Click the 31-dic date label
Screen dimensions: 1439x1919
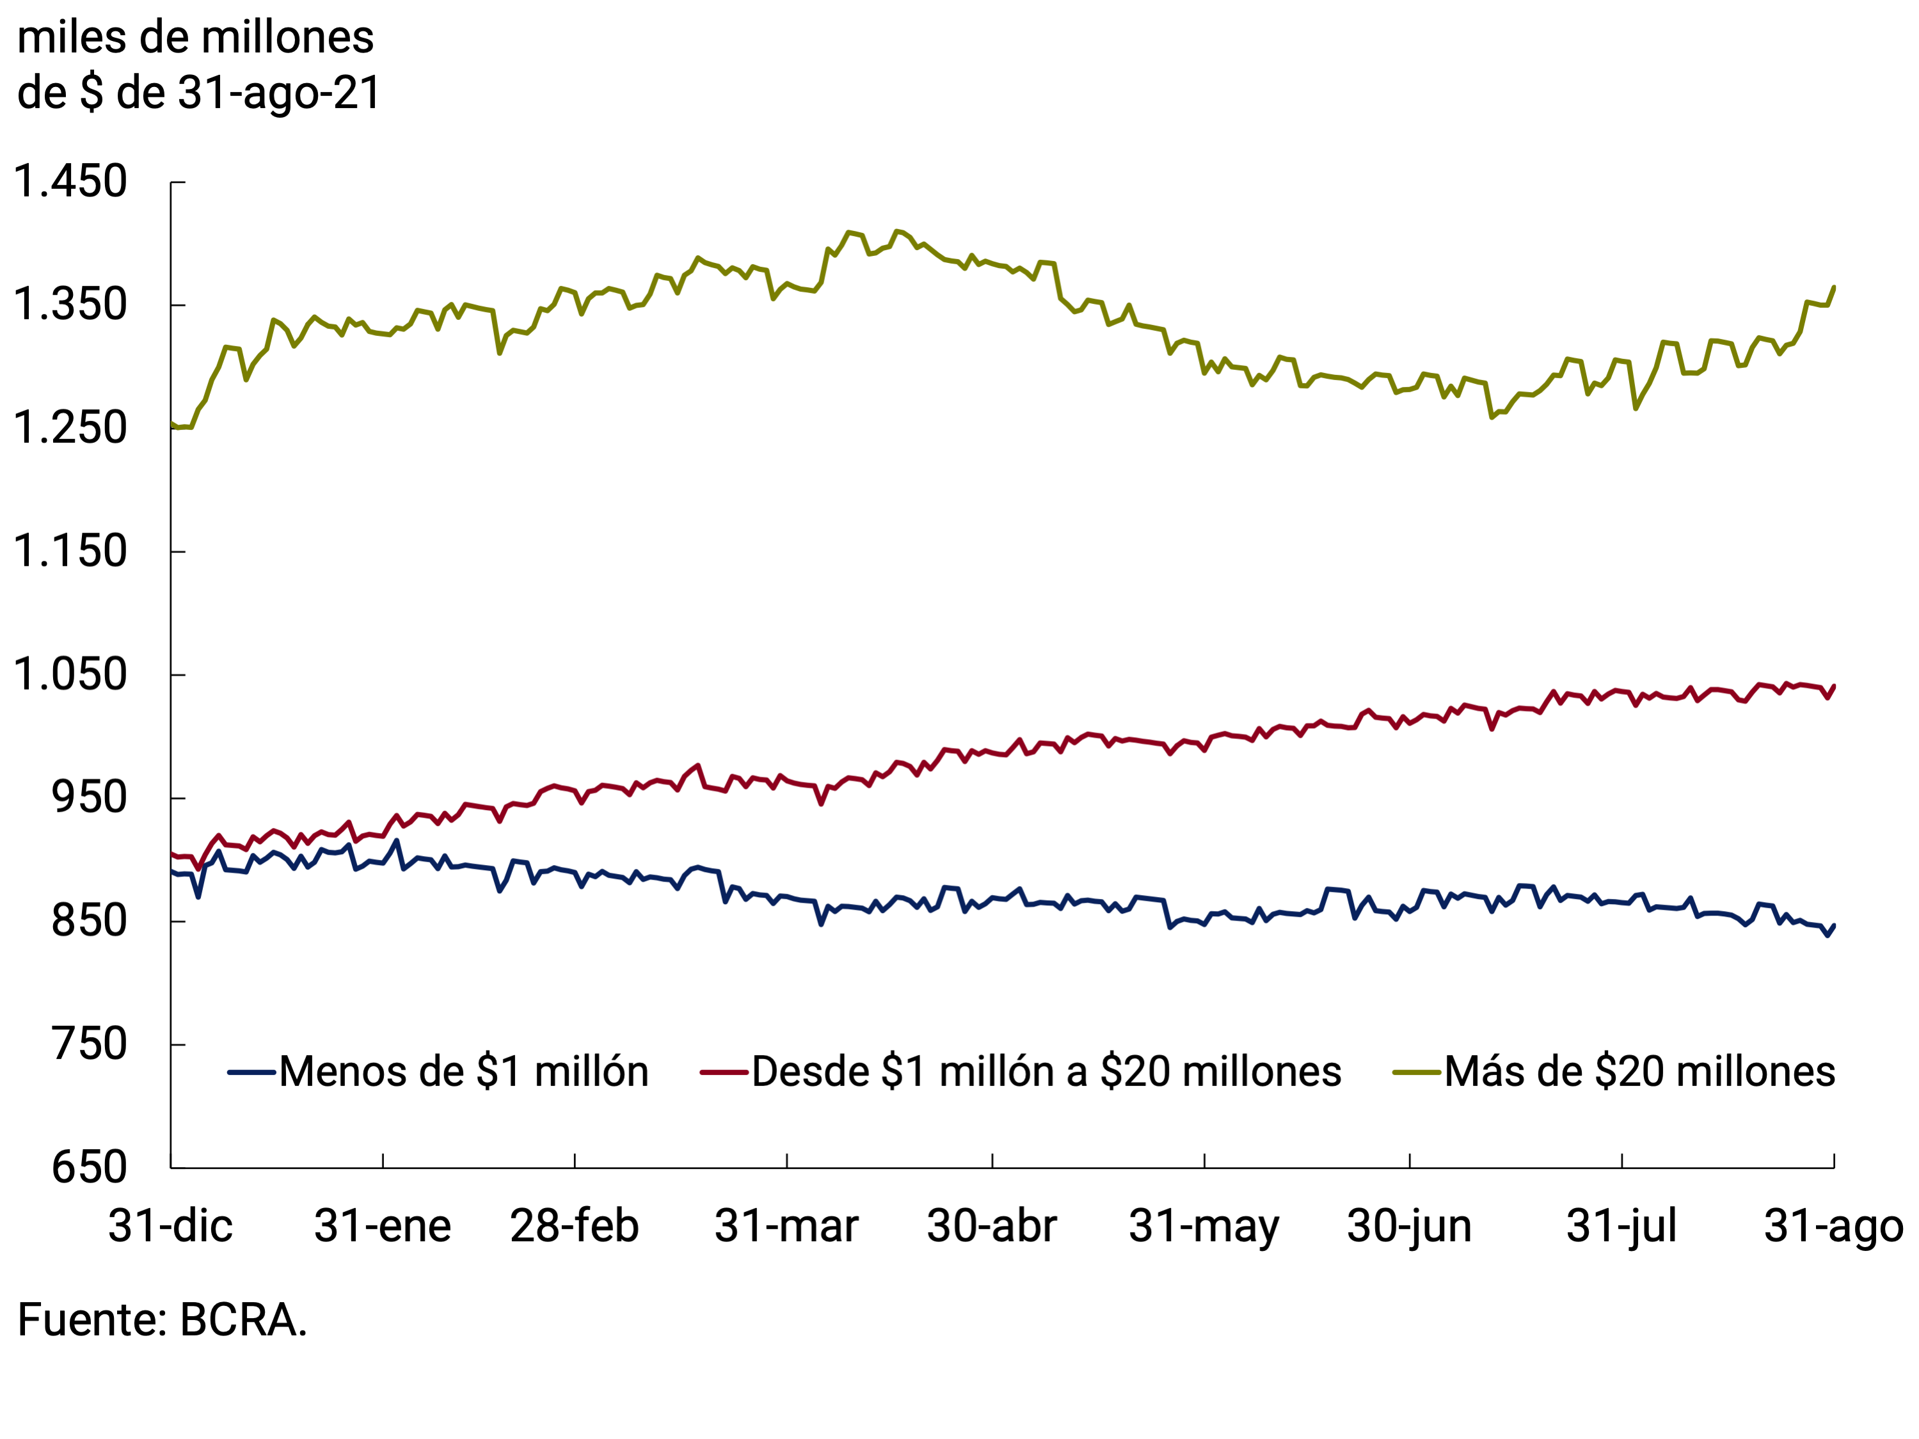pyautogui.click(x=171, y=1227)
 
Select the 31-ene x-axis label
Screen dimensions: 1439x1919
pyautogui.click(x=383, y=1227)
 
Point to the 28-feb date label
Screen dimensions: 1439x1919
pyautogui.click(x=575, y=1227)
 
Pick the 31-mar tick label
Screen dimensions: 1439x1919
pyautogui.click(x=786, y=1227)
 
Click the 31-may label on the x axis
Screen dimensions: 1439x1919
pyautogui.click(x=1204, y=1227)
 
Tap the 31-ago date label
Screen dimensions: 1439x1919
pyautogui.click(x=1833, y=1227)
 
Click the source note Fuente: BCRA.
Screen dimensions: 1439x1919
pyautogui.click(x=163, y=1320)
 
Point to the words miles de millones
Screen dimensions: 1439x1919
pyautogui.click(x=195, y=38)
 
